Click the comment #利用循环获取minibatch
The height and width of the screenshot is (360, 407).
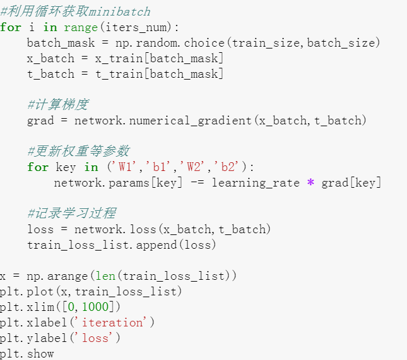(75, 12)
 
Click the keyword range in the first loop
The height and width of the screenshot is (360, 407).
(80, 27)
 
